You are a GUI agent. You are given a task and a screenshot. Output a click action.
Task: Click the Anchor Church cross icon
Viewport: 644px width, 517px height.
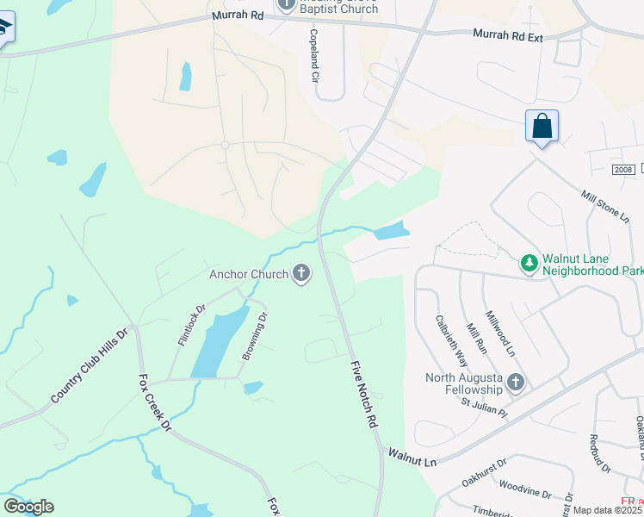tap(300, 274)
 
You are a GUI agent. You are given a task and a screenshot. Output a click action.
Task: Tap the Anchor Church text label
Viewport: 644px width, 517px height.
tap(249, 275)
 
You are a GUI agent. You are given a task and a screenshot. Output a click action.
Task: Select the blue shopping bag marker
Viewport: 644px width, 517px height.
tap(542, 127)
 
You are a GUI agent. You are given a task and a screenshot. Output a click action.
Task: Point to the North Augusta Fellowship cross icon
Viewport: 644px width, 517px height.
tap(516, 382)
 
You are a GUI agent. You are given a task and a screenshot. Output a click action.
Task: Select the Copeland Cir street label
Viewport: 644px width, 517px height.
tap(315, 56)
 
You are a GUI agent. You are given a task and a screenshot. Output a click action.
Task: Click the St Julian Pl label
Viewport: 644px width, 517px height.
tap(484, 402)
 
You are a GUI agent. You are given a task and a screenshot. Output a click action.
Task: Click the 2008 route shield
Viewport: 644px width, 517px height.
tap(624, 171)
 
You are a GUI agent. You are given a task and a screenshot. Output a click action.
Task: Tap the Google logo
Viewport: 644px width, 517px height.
tap(28, 506)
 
